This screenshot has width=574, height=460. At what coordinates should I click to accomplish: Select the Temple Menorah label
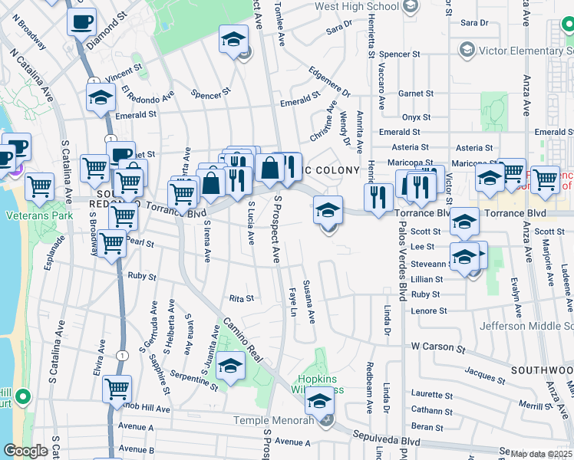tap(285, 420)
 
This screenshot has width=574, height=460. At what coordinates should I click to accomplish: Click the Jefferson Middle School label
tap(526, 326)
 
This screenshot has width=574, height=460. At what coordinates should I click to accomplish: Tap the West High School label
tap(357, 6)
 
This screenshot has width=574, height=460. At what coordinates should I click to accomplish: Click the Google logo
tap(25, 451)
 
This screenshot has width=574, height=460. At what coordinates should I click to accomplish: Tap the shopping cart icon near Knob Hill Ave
tap(117, 389)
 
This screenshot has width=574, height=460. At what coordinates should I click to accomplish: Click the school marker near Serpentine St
tap(230, 366)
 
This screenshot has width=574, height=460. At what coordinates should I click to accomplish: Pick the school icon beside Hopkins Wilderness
tap(319, 401)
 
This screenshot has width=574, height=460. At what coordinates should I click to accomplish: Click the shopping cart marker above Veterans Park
tap(39, 186)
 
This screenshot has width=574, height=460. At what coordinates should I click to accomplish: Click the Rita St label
tap(241, 298)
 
